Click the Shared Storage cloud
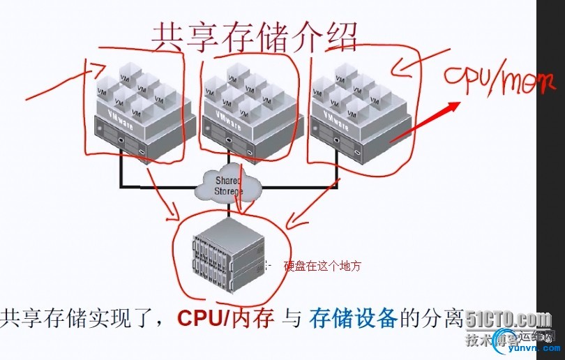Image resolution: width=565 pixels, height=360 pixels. [x=230, y=183]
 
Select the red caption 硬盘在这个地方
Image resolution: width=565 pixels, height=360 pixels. [x=322, y=266]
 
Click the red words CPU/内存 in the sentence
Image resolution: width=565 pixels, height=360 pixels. [x=225, y=319]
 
